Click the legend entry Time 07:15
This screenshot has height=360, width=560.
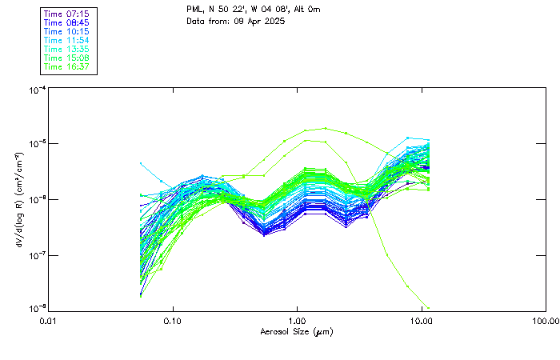click(66, 14)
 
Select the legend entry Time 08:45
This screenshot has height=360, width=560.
click(66, 23)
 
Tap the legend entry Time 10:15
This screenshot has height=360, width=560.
click(66, 32)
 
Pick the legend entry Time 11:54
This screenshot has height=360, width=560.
click(66, 41)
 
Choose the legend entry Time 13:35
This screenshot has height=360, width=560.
click(66, 50)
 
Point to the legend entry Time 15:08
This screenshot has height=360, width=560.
click(66, 58)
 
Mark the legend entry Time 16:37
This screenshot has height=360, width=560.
click(66, 67)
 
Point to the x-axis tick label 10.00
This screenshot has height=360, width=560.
click(421, 320)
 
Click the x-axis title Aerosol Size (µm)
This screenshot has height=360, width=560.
click(296, 330)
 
